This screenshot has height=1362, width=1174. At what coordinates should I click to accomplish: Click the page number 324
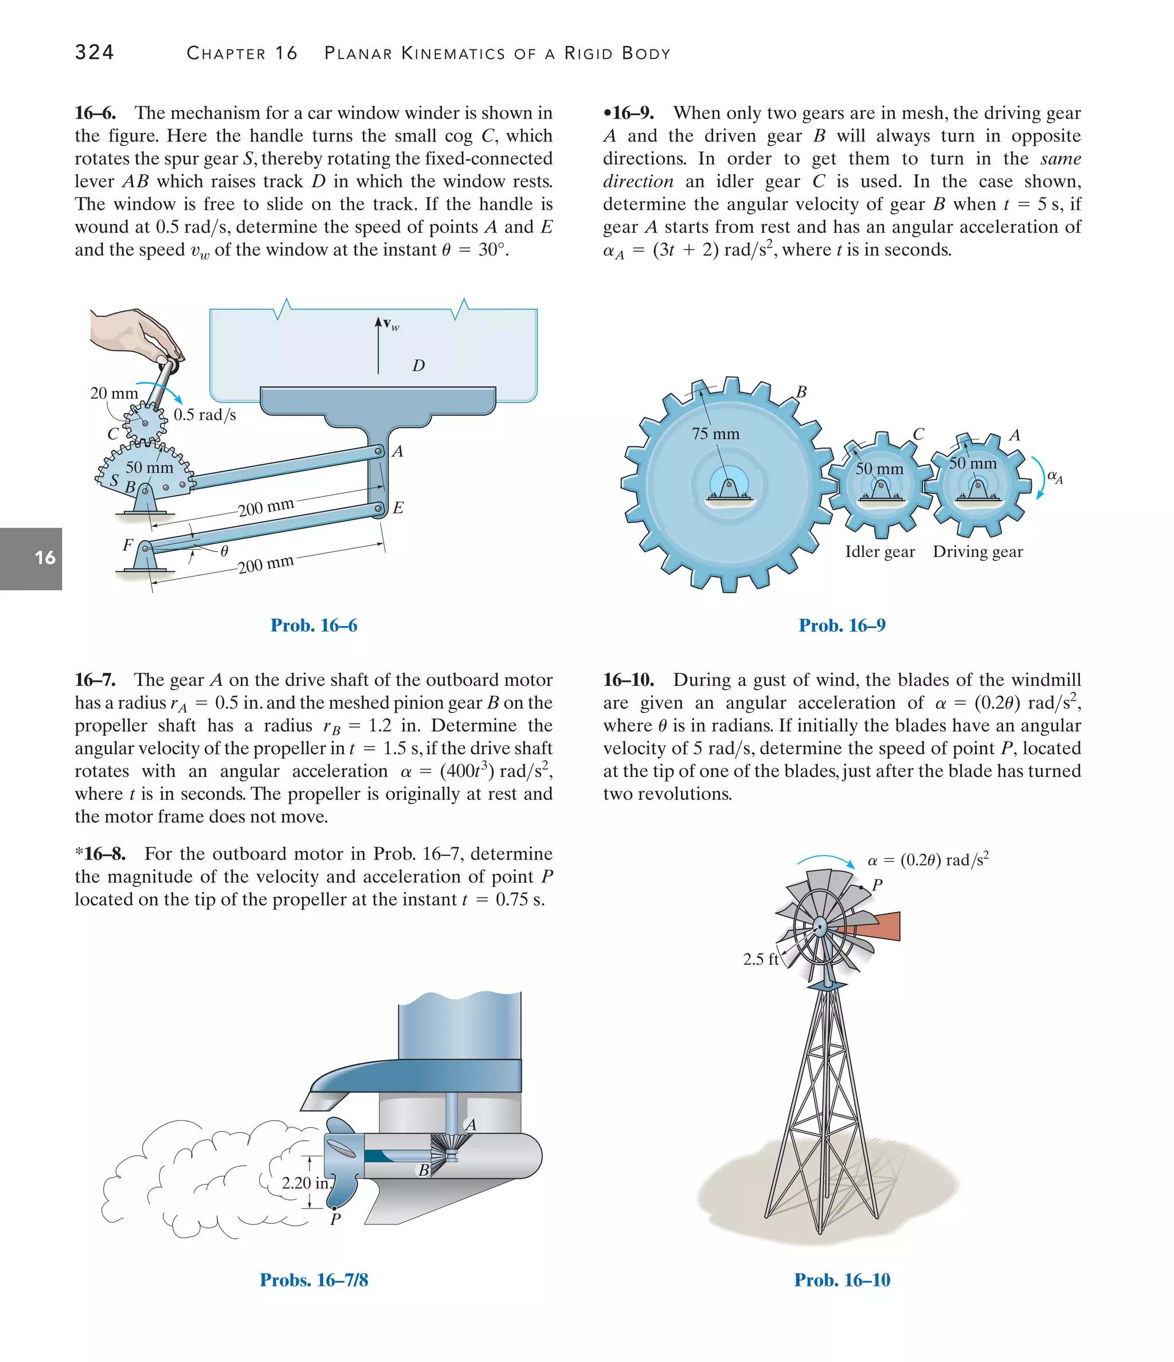tap(95, 52)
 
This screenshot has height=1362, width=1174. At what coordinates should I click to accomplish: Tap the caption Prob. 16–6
tap(314, 625)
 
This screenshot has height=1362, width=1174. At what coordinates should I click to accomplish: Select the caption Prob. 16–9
tap(842, 625)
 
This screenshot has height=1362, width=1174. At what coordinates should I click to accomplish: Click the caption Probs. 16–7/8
tap(314, 1280)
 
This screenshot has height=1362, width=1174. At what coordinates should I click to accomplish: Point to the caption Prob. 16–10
tap(842, 1280)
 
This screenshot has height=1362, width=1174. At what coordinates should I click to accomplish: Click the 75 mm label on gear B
tap(715, 434)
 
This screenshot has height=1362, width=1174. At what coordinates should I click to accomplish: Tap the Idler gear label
tap(879, 552)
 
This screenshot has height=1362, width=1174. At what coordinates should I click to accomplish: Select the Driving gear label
tap(977, 552)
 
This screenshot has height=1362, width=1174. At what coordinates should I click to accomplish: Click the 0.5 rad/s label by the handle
tap(205, 415)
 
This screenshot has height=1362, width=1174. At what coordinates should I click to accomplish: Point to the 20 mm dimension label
tap(114, 393)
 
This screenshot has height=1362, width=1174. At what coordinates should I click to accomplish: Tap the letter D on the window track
tap(418, 366)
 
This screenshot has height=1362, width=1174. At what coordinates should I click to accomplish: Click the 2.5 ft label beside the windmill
tap(760, 959)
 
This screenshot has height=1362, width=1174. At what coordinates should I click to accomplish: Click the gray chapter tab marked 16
tap(31, 558)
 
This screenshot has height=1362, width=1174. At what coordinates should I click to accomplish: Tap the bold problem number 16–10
tap(628, 680)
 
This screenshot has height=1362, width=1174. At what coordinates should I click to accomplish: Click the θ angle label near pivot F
tap(224, 551)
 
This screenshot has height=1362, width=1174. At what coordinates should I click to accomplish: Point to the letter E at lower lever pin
tap(398, 508)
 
